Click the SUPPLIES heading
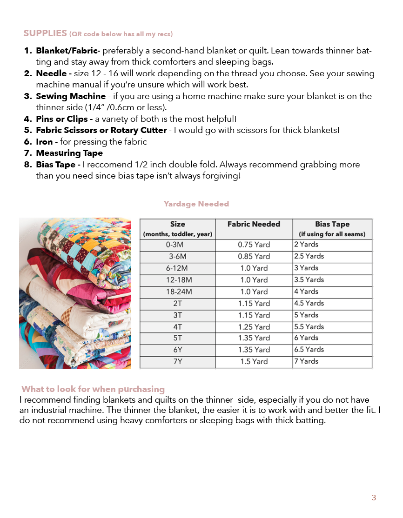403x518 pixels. (45, 33)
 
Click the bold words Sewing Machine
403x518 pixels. (71, 96)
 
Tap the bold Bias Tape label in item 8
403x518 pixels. (58, 165)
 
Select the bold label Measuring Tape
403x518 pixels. (69, 153)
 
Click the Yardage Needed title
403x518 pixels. (196, 204)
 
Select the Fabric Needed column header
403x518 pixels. (254, 224)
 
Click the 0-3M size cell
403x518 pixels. (177, 244)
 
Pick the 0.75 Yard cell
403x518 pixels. (254, 244)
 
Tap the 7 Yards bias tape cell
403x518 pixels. (306, 361)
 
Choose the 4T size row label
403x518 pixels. (177, 326)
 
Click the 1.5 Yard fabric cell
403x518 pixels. (254, 361)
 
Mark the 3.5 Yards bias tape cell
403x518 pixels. (309, 279)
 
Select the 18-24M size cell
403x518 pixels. (177, 292)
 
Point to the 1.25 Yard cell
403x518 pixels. (254, 326)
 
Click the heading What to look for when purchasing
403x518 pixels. (93, 389)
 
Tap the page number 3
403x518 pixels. (374, 498)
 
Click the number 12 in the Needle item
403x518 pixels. (97, 73)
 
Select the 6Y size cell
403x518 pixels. (177, 350)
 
